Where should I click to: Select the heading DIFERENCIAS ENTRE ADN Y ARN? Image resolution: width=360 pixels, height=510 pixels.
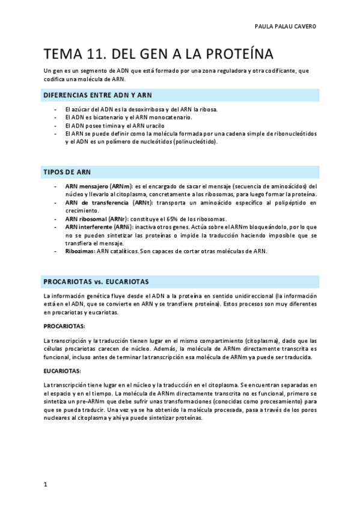tap(98, 95)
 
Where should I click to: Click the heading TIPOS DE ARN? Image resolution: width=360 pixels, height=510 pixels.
tap(67, 172)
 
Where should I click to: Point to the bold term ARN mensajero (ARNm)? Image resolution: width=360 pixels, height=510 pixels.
tap(92, 186)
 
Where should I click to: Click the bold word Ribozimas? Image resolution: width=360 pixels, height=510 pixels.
tap(80, 251)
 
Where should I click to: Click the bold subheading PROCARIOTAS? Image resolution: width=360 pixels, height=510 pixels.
tap(64, 325)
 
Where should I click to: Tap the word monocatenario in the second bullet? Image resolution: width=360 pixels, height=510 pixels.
tap(166, 118)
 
